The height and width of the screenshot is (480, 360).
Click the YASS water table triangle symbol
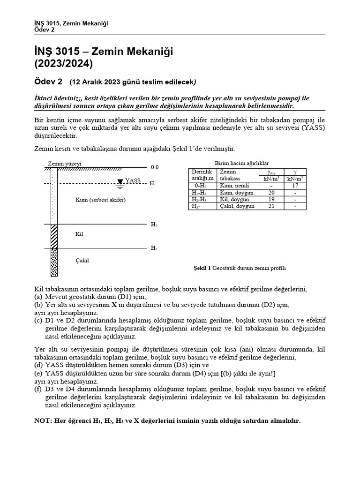pyautogui.click(x=120, y=181)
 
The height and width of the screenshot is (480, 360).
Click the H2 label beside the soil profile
pyautogui.click(x=154, y=225)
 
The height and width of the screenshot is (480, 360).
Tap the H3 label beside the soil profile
pyautogui.click(x=154, y=248)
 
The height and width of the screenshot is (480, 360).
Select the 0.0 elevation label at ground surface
pyautogui.click(x=155, y=167)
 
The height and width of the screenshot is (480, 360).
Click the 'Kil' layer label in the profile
pyautogui.click(x=79, y=234)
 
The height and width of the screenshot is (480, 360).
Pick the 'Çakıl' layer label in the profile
pyautogui.click(x=82, y=260)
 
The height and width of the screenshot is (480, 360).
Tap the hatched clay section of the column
pyautogui.click(x=54, y=236)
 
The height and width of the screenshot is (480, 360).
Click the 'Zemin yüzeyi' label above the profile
pyautogui.click(x=65, y=164)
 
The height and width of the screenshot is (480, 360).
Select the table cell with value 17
pyautogui.click(x=295, y=186)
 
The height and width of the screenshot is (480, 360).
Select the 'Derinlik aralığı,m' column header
pyautogui.click(x=202, y=175)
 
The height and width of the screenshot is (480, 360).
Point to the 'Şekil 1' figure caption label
pyautogui.click(x=202, y=268)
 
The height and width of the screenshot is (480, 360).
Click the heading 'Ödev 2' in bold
pyautogui.click(x=49, y=82)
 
